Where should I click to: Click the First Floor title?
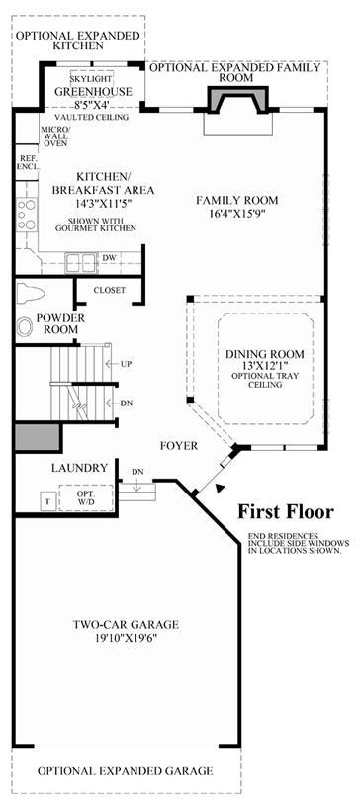point(286,512)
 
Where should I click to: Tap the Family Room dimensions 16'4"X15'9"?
point(237,213)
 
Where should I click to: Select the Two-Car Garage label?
point(126,625)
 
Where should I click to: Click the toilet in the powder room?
point(31,294)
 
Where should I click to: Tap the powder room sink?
point(25,327)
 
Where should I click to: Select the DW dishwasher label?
point(108,256)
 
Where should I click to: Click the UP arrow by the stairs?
point(113,364)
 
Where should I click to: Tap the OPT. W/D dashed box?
point(86,497)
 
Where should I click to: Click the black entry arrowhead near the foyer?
point(221,489)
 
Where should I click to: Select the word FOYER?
point(178,446)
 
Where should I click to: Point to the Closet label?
point(109,290)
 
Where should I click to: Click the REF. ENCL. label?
point(25,163)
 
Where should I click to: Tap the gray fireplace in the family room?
point(238,99)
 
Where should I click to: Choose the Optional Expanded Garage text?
point(126,771)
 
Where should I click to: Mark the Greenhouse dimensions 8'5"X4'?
point(93,105)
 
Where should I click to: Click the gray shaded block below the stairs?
point(38,438)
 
